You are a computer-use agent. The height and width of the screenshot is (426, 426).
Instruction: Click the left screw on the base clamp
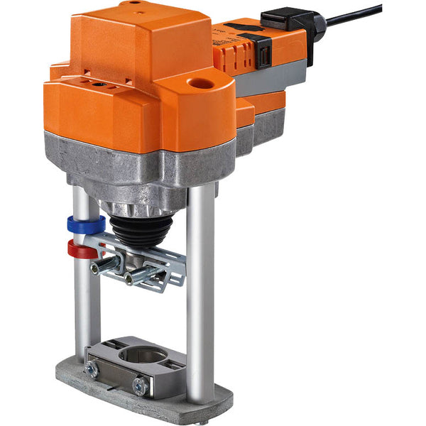92,368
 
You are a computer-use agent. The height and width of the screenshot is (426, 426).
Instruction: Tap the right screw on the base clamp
141,386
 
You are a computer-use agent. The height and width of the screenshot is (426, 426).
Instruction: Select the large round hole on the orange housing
201,84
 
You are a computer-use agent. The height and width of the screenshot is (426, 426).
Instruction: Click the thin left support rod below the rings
83,305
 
